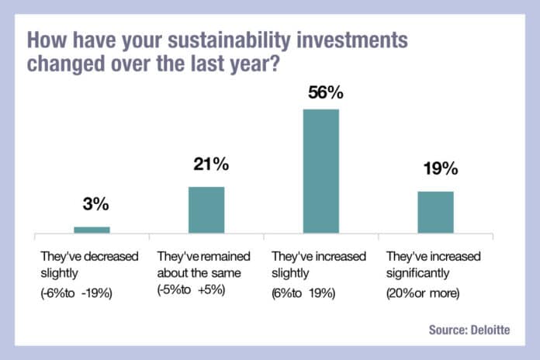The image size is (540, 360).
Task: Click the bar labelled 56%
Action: [x=320, y=171]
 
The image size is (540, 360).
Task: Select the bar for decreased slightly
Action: [x=92, y=230]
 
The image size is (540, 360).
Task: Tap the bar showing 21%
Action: [x=206, y=209]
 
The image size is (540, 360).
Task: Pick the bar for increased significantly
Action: [x=435, y=212]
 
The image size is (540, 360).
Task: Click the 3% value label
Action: [x=96, y=206]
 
